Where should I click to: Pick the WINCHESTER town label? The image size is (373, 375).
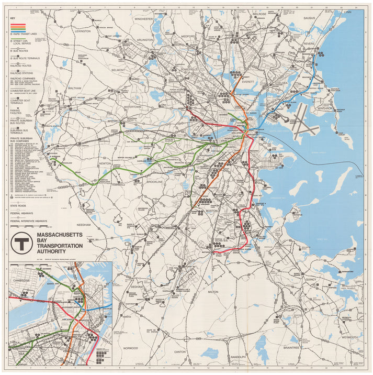pyautogui.click(x=143, y=18)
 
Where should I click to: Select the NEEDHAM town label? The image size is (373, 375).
pyautogui.click(x=84, y=224)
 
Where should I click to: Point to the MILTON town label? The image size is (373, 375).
pyautogui.click(x=213, y=292)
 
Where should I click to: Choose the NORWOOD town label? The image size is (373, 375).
pyautogui.click(x=131, y=348)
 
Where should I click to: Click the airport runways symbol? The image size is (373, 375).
pyautogui.click(x=305, y=121)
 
